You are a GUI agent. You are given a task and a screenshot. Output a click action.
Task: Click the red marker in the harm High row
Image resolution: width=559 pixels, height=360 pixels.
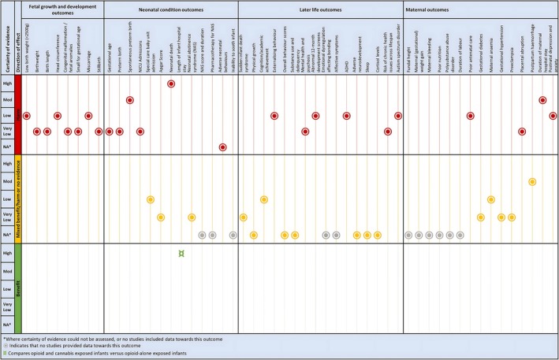point(171,84)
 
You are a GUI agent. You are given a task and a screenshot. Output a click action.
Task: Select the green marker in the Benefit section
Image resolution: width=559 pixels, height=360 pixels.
point(181,253)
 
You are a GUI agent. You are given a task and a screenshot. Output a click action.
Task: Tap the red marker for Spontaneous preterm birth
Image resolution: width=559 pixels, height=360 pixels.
point(129,100)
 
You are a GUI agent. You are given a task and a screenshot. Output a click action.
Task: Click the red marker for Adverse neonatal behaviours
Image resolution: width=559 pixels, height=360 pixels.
point(223,147)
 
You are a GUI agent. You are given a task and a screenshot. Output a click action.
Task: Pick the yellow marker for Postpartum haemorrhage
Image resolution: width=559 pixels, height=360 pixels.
point(532,182)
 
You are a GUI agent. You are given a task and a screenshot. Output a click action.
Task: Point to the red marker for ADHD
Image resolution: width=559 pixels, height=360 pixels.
point(347,116)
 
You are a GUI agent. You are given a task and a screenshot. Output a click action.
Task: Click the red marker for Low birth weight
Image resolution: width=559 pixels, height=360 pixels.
point(26,116)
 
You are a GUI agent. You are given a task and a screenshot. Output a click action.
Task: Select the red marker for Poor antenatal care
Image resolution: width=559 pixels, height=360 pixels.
point(471,116)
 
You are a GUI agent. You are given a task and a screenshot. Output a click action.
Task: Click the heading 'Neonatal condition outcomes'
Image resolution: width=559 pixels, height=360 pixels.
point(170,9)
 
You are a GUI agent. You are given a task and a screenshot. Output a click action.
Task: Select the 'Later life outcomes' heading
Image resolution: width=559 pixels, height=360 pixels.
point(319,9)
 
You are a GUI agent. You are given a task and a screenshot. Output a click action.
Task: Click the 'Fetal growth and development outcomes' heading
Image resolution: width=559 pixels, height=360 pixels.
point(62,9)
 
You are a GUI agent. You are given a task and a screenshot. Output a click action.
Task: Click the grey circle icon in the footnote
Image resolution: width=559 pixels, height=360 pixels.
point(7,345)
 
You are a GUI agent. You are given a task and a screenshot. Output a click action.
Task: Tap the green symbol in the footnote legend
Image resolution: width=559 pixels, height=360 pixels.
point(7,353)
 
